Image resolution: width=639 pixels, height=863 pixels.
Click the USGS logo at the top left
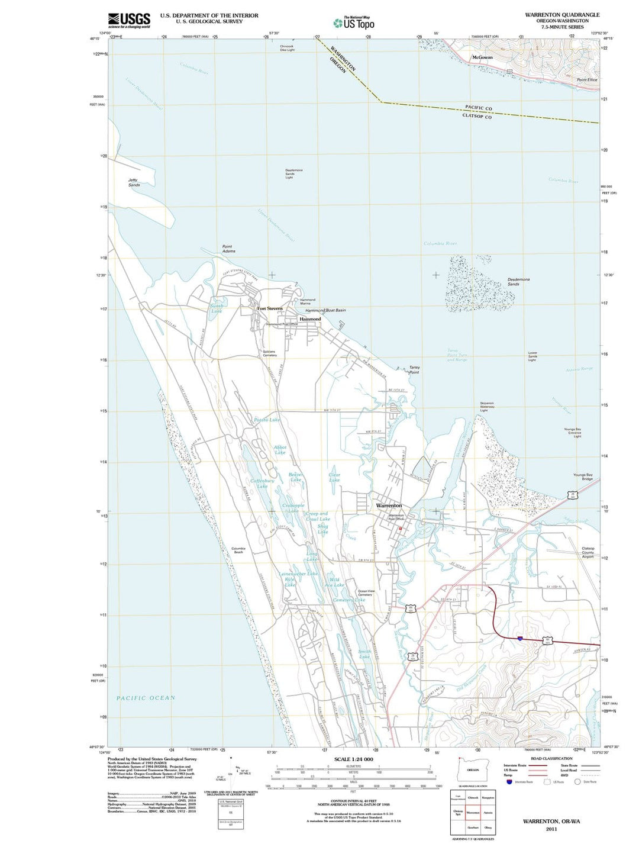tap(128, 21)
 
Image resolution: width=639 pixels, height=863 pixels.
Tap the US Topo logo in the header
tap(354, 23)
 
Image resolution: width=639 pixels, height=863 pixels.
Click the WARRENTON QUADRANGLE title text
tap(562, 15)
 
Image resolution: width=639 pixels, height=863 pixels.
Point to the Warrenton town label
tap(389, 505)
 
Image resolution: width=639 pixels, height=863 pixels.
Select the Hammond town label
tap(310, 319)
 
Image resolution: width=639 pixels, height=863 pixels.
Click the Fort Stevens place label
tap(270, 308)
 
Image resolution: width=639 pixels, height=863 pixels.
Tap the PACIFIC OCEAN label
tap(146, 698)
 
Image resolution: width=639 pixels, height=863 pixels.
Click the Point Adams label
tap(228, 249)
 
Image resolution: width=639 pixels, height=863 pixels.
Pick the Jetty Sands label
tap(134, 182)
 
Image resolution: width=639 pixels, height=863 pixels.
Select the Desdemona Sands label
tap(518, 282)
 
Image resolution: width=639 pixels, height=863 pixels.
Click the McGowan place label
tap(482, 57)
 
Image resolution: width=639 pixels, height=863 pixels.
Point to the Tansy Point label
tap(414, 370)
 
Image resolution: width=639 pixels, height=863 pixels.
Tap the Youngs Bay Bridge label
tap(583, 476)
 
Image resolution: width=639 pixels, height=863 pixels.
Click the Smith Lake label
tap(364, 654)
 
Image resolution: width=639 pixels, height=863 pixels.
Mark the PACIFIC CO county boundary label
tap(478, 108)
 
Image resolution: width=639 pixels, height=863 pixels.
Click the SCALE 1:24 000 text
tap(353, 759)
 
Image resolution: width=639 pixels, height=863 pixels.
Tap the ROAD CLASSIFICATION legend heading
tap(551, 758)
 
